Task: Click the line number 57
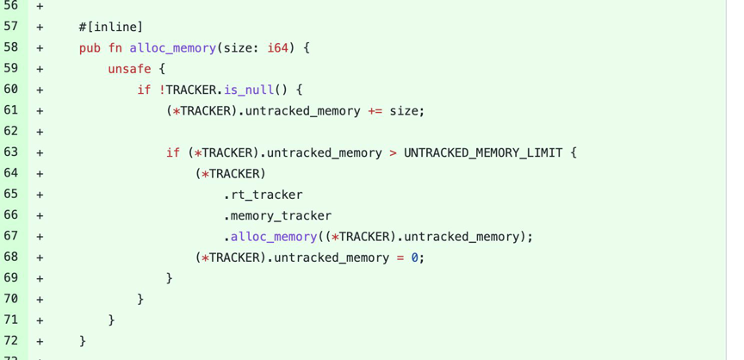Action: pyautogui.click(x=10, y=27)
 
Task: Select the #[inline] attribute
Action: pyautogui.click(x=104, y=27)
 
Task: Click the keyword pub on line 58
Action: pyautogui.click(x=90, y=48)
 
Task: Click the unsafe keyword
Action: pyautogui.click(x=129, y=69)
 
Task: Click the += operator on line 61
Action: pyautogui.click(x=375, y=111)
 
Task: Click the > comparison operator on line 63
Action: pyautogui.click(x=393, y=152)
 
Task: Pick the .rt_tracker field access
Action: pyautogui.click(x=263, y=195)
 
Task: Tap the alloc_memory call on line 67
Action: pyautogui.click(x=274, y=237)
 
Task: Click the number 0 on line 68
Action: pyautogui.click(x=414, y=258)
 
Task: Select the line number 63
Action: pyautogui.click(x=10, y=152)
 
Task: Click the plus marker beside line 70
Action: pyautogui.click(x=40, y=300)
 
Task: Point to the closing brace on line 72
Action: pyautogui.click(x=83, y=341)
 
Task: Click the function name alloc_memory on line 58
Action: pyautogui.click(x=172, y=48)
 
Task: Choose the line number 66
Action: pyautogui.click(x=10, y=215)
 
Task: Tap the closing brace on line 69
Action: pyautogui.click(x=170, y=278)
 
